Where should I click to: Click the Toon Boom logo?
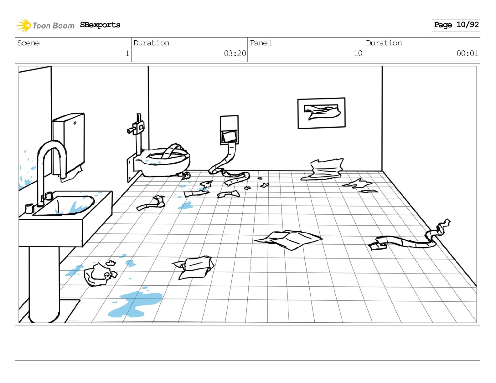point(45,25)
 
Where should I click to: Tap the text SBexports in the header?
point(100,25)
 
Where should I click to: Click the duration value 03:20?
point(235,54)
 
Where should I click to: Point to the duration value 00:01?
point(467,54)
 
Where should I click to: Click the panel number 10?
point(358,54)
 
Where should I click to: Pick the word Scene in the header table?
point(28,43)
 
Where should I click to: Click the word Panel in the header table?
point(261,43)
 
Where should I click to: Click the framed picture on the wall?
point(321,113)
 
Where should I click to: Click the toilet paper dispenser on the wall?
point(229,130)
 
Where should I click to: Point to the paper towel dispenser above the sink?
point(69,144)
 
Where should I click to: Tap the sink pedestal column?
point(44,283)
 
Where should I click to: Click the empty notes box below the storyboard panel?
point(247,344)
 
